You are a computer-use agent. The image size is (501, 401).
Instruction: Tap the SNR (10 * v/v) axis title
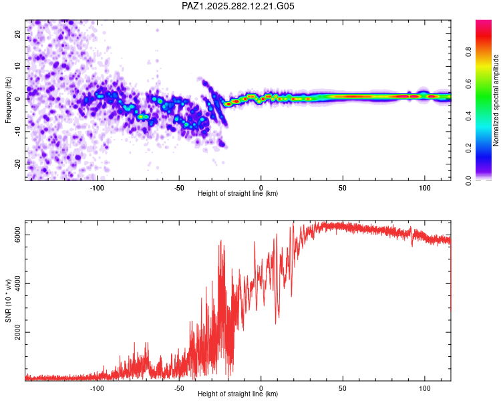(9, 301)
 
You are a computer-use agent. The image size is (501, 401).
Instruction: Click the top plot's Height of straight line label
(238, 194)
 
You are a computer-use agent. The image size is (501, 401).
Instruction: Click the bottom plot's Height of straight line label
(238, 394)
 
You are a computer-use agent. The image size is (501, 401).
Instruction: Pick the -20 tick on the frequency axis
(18, 164)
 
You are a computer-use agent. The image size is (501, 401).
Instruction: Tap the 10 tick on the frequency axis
(18, 66)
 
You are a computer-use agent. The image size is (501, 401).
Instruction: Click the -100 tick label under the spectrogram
(97, 188)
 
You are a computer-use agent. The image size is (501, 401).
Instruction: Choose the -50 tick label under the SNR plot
(179, 388)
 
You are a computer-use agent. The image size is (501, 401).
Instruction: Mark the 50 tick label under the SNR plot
(343, 388)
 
